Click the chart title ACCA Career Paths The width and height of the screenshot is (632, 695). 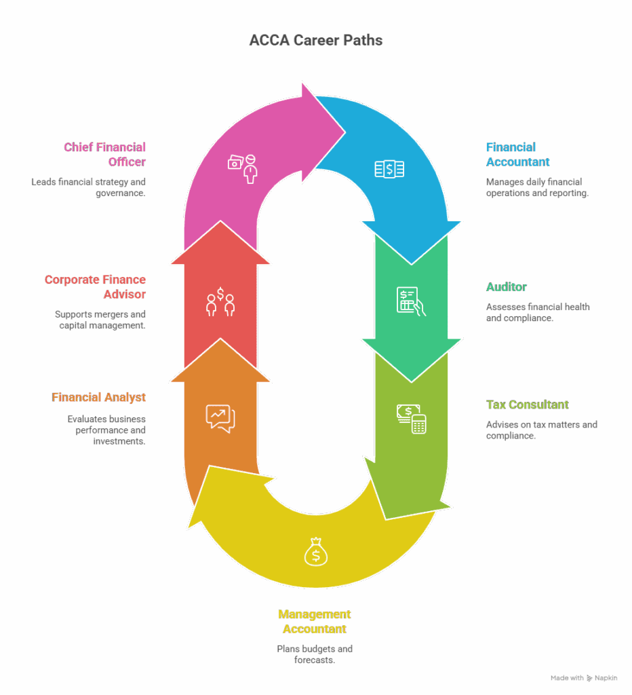[x=315, y=41]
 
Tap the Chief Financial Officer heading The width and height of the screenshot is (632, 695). [x=105, y=155]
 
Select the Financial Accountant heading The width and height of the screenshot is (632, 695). [x=517, y=155]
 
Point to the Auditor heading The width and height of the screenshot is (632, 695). [x=506, y=287]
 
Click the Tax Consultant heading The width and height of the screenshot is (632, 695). [x=527, y=405]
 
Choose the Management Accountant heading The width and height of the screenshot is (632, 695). [x=315, y=622]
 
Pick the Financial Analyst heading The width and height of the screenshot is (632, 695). [x=99, y=398]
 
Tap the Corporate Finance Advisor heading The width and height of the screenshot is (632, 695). [x=96, y=287]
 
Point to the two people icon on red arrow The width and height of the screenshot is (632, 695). [x=220, y=302]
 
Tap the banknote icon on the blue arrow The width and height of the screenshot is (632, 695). [x=390, y=169]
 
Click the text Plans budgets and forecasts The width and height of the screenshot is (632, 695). [x=315, y=654]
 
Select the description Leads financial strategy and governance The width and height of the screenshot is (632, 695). [x=89, y=188]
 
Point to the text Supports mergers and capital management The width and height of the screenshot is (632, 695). [x=100, y=320]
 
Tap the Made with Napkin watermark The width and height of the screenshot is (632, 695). [x=584, y=678]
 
